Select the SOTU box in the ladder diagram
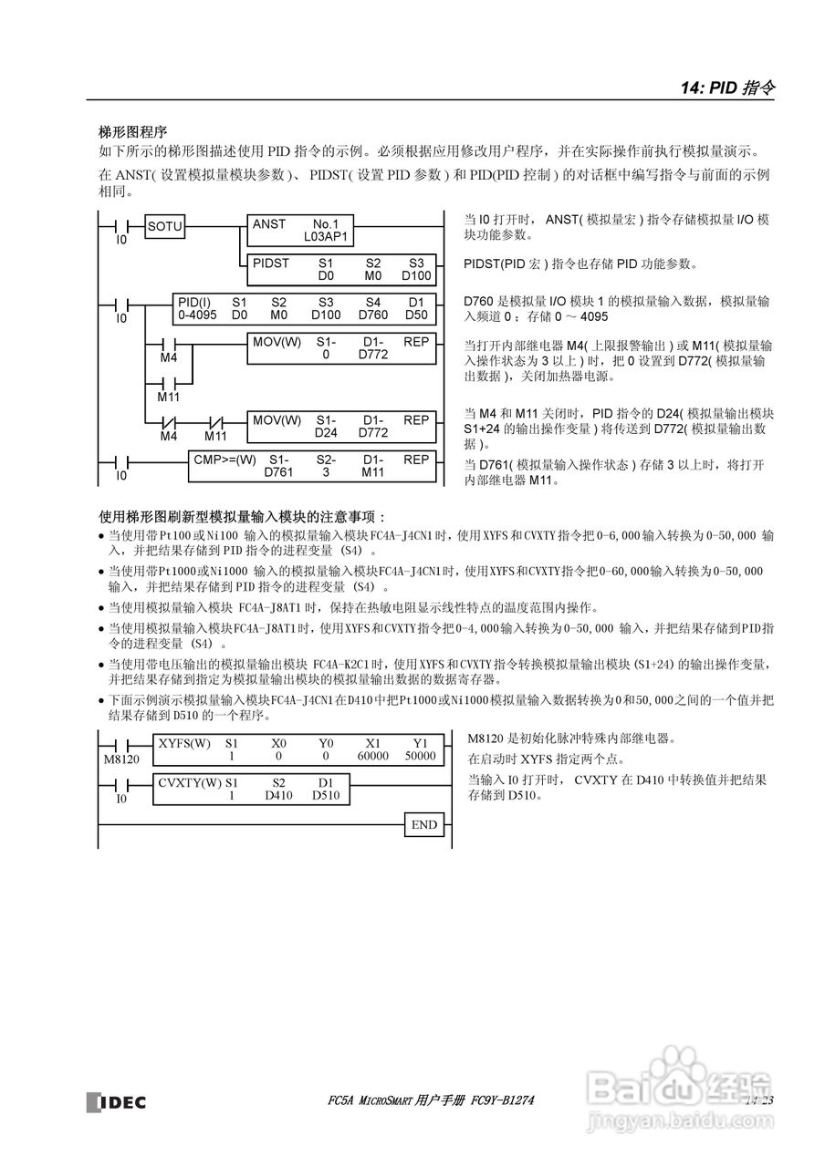[165, 226]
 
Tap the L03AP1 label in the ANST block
[326, 235]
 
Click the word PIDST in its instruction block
[271, 263]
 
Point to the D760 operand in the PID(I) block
[373, 315]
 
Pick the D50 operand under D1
[416, 315]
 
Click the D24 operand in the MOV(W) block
[326, 432]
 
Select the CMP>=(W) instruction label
[225, 460]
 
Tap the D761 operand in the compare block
[279, 472]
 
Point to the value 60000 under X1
[372, 756]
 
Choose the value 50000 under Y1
[420, 756]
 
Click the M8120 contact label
[121, 759]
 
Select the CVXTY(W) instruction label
[190, 782]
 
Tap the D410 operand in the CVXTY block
[279, 795]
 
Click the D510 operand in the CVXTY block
[326, 795]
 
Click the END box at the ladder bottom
[424, 825]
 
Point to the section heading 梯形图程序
[133, 133]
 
